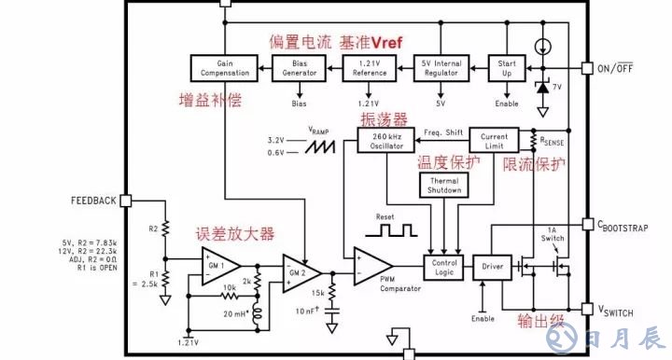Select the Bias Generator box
[x=300, y=67]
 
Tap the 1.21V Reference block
[x=371, y=67]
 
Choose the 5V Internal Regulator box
[x=441, y=67]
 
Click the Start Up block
[x=508, y=67]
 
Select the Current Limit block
[x=494, y=140]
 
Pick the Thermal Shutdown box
[x=444, y=185]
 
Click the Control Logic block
[x=443, y=267]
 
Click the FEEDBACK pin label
[x=93, y=201]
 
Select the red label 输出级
[x=542, y=322]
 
